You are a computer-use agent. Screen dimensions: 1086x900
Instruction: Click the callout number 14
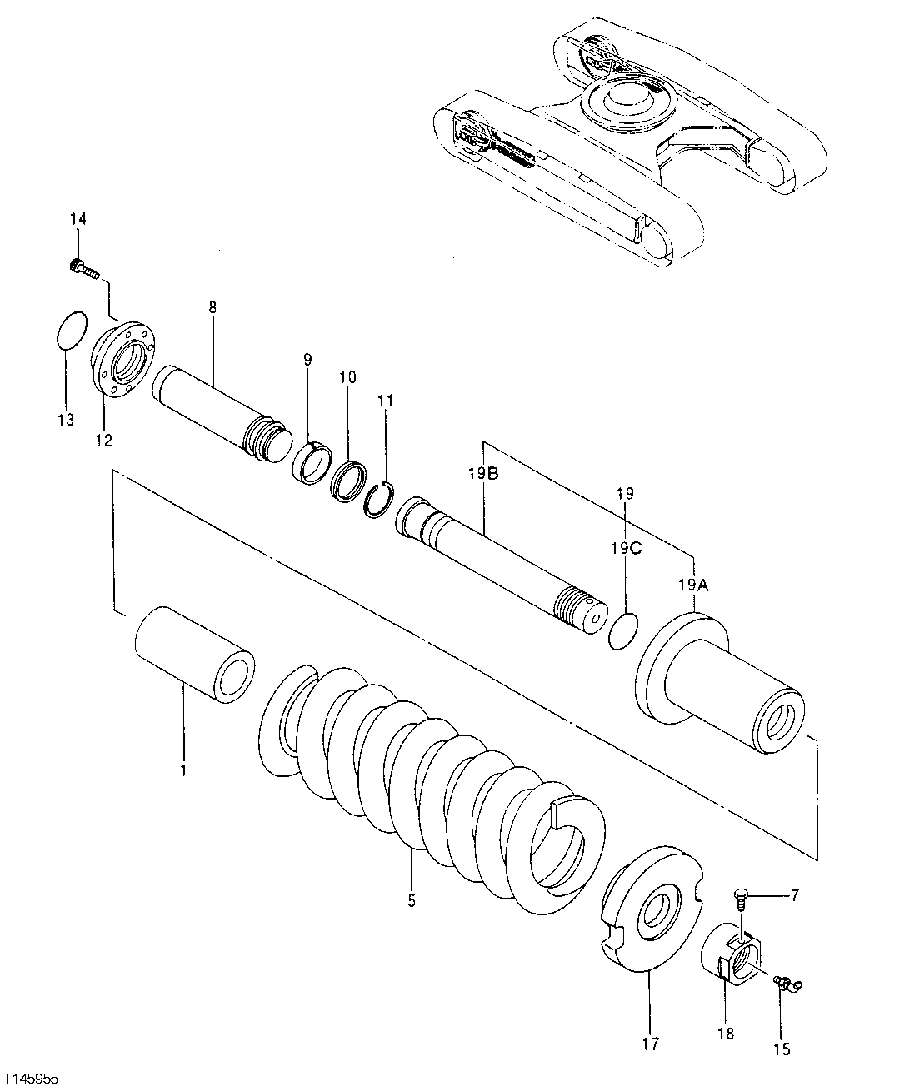[x=77, y=219]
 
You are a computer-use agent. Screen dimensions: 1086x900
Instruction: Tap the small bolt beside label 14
[x=82, y=268]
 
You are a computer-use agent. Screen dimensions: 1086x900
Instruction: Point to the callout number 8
[x=212, y=308]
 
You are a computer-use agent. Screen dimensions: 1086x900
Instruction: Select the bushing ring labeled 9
[x=313, y=461]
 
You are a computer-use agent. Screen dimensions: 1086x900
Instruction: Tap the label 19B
[x=483, y=475]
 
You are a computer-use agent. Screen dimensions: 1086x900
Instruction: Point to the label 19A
[x=692, y=585]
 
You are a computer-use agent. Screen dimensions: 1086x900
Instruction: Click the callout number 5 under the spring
[x=412, y=900]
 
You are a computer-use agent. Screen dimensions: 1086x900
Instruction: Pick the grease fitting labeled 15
[x=785, y=984]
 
